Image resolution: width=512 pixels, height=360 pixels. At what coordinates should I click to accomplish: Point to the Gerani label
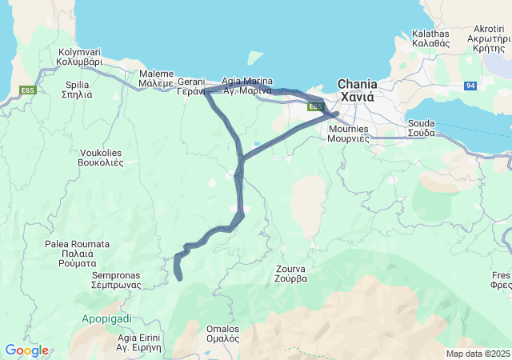tap(191, 86)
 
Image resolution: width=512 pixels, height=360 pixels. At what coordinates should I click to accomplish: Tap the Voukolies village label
tap(102, 157)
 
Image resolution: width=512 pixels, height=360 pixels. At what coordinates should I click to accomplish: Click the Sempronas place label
tap(117, 279)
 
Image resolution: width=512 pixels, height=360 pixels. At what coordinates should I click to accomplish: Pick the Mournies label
tap(348, 133)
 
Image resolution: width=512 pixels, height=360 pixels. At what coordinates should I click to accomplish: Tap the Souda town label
tap(421, 128)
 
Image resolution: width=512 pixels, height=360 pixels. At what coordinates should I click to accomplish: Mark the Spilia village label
tap(77, 89)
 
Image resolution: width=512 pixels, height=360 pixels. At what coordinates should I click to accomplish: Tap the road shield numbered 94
tap(471, 86)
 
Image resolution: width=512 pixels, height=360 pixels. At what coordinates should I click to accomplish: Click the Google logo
tap(26, 350)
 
